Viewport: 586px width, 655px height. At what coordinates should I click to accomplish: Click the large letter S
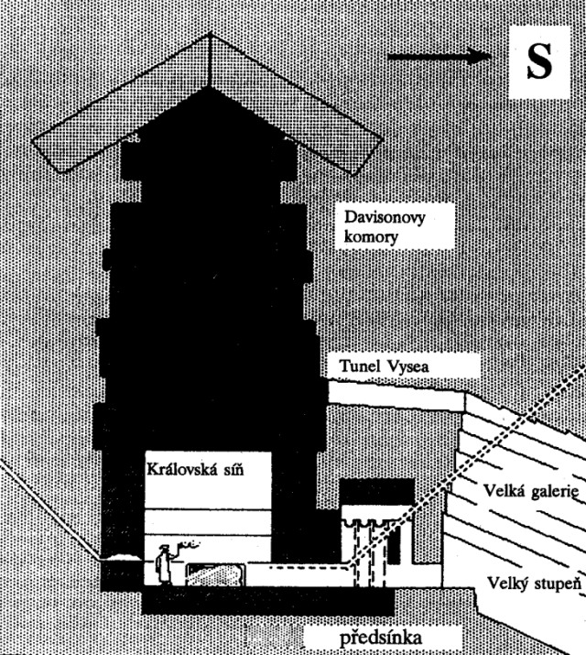[539, 61]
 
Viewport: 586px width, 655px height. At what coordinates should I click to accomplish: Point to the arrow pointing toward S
[439, 56]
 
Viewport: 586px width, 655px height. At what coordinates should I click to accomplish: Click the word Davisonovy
[385, 217]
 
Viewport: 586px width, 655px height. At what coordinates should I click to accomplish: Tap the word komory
[371, 237]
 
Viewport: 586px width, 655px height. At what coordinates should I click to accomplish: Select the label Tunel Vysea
[384, 366]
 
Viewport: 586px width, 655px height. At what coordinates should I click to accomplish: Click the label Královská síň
[195, 470]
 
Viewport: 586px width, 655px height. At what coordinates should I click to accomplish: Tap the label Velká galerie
[531, 490]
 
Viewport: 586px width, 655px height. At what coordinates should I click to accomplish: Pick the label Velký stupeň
[534, 584]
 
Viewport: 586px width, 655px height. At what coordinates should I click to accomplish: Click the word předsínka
[381, 638]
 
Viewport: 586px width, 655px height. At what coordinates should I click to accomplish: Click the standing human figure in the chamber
[164, 564]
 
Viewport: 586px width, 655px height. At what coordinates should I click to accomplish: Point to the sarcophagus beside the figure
[215, 574]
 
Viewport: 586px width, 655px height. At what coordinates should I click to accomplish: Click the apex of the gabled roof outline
[210, 33]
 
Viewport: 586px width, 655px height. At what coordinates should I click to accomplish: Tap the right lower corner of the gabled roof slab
[353, 174]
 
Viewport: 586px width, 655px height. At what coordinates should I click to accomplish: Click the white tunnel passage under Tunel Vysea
[396, 396]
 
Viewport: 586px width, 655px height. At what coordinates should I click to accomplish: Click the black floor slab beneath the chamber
[267, 600]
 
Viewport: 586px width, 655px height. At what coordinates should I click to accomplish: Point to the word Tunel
[360, 366]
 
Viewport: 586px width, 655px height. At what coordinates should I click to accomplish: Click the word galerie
[556, 491]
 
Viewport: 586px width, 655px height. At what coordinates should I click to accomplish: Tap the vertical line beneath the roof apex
[209, 60]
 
